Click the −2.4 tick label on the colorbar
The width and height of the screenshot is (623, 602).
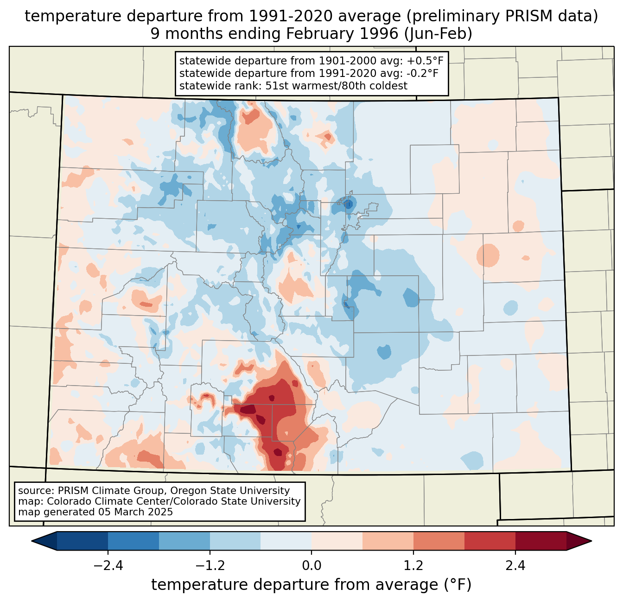point(108,566)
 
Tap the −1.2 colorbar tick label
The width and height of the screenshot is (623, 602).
point(210,566)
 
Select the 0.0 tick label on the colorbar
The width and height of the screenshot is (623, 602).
point(311,566)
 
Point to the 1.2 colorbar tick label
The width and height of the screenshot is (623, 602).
point(413,566)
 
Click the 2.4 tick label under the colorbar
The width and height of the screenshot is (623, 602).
point(515,566)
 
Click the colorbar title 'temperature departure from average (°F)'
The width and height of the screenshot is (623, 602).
point(311,585)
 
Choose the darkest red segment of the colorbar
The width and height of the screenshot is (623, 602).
point(540,541)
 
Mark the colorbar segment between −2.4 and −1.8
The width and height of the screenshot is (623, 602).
point(133,541)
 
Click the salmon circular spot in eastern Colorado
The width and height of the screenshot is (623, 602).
point(488,255)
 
